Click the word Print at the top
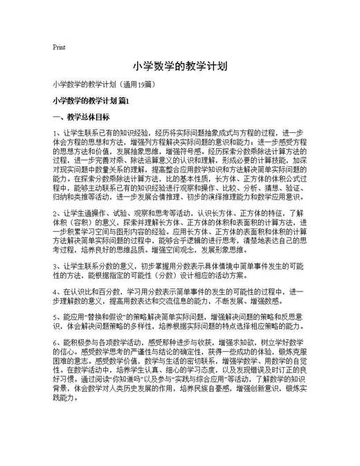coord(58,48)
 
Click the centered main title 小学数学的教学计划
coord(179,68)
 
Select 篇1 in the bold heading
coord(123,101)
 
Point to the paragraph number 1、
coord(57,132)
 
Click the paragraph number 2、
coord(57,212)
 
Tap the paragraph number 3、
coord(57,265)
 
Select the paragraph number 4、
coord(57,292)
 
